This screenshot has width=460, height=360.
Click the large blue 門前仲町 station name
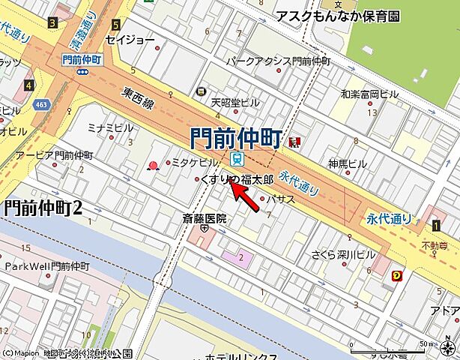click(x=235, y=138)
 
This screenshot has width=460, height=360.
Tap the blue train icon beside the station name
click(x=237, y=158)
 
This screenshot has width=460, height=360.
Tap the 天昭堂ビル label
click(x=234, y=102)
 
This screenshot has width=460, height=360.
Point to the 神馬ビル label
click(x=348, y=163)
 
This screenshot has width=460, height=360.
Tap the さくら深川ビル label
click(x=345, y=254)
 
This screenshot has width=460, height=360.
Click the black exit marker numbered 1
click(x=436, y=224)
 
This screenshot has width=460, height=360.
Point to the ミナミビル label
click(x=110, y=127)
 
